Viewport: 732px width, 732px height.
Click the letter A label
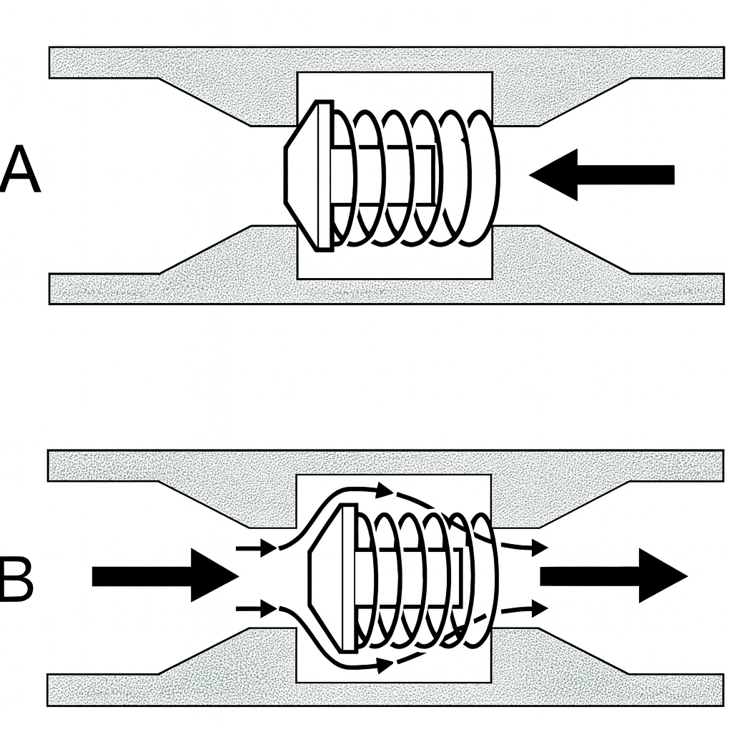click(20, 171)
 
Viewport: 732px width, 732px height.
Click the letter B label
click(16, 583)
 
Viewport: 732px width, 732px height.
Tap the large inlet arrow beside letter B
click(164, 576)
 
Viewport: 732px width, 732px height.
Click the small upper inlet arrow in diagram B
click(257, 549)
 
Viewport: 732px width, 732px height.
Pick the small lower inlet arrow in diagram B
click(257, 610)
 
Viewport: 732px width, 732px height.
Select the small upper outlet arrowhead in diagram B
click(538, 548)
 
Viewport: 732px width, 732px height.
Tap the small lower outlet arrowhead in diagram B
click(538, 608)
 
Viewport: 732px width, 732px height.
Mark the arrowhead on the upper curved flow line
click(385, 490)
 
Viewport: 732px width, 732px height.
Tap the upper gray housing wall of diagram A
click(386, 61)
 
